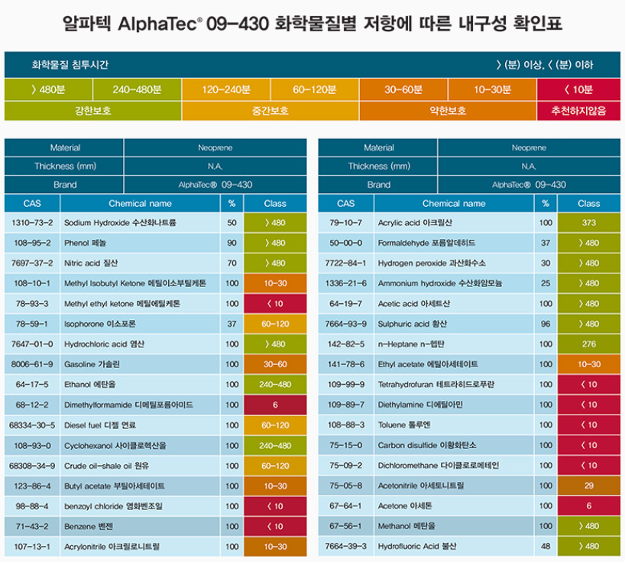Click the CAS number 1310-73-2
pyautogui.click(x=32, y=223)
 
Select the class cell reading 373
pyautogui.click(x=588, y=223)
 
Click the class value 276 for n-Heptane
pyautogui.click(x=588, y=344)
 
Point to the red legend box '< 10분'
pyautogui.click(x=581, y=89)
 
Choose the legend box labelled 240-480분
pyautogui.click(x=137, y=89)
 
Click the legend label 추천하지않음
pyautogui.click(x=581, y=111)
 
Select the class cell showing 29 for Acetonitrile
pyautogui.click(x=588, y=486)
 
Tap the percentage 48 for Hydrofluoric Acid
pyautogui.click(x=546, y=546)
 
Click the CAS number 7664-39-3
pyautogui.click(x=346, y=546)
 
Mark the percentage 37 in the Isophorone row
pyautogui.click(x=232, y=324)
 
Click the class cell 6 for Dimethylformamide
pyautogui.click(x=275, y=405)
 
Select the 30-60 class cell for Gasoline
pyautogui.click(x=275, y=364)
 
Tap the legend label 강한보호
pyautogui.click(x=92, y=111)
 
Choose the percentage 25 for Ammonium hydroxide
pyautogui.click(x=546, y=283)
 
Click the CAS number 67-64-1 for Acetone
pyautogui.click(x=346, y=505)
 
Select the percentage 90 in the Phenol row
pyautogui.click(x=232, y=243)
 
